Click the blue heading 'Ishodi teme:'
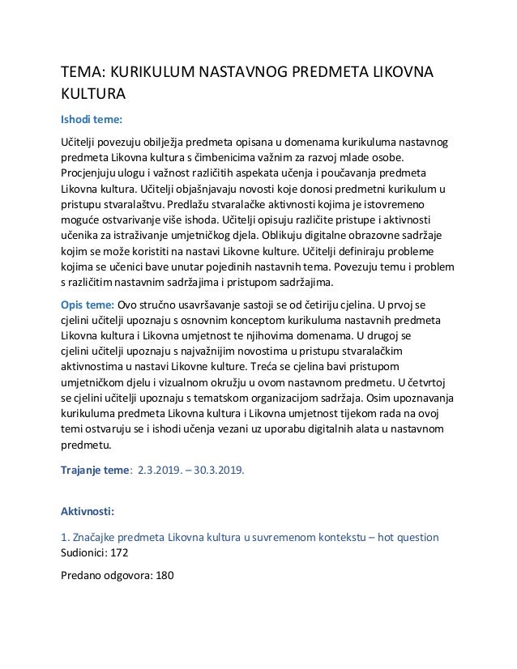92,121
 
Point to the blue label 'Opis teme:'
88,304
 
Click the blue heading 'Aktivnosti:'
88,512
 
